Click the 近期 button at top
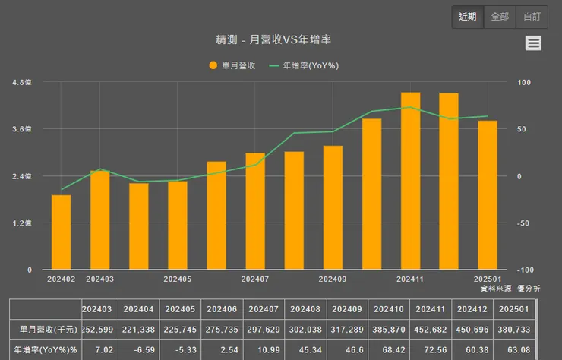467,17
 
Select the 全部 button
500,17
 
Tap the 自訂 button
531,17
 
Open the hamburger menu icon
534,43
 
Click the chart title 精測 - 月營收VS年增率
279,39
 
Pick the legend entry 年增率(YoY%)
304,65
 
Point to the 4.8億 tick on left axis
22,82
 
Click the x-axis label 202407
255,279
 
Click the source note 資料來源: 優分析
510,289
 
